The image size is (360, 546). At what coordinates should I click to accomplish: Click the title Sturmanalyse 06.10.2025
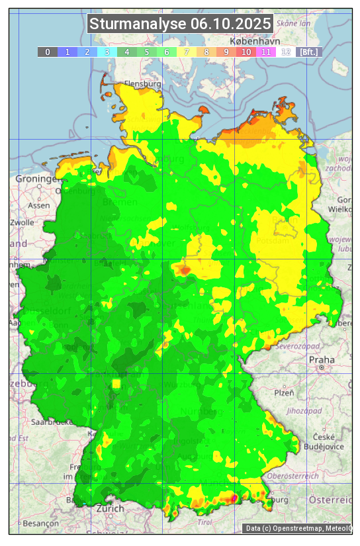[180, 24]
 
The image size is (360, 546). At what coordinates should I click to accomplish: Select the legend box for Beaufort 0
[48, 52]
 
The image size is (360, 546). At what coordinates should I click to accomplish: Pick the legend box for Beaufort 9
[226, 52]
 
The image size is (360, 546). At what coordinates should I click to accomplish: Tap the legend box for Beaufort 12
[285, 52]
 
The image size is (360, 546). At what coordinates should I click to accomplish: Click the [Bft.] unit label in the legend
[308, 52]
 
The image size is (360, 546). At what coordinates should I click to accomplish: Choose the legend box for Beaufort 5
[146, 52]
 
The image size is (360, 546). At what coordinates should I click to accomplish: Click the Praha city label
[322, 360]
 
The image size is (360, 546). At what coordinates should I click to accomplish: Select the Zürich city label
[110, 508]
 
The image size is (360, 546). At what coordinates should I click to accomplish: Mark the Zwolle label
[22, 222]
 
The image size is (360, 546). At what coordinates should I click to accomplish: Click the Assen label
[39, 205]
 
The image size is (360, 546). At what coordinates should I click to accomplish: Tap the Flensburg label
[142, 85]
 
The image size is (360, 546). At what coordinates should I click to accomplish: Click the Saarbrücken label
[51, 422]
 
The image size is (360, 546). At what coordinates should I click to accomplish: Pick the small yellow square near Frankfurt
[116, 383]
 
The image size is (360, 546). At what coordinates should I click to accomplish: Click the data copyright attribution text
[298, 528]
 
